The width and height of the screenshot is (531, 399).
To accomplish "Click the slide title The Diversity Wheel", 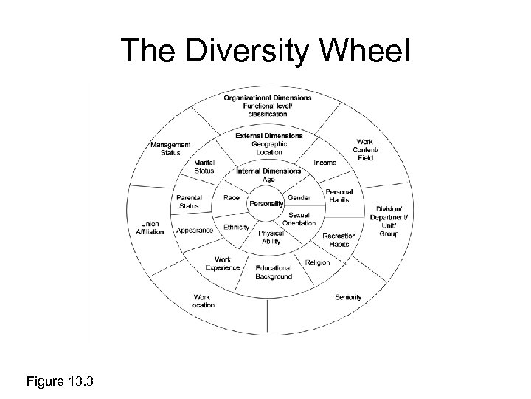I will (x=265, y=52).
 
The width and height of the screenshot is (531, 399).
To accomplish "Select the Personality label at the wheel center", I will (x=265, y=203).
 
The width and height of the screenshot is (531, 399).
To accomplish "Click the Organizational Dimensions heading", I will (x=266, y=99).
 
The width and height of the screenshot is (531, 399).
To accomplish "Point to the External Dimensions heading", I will (x=268, y=136).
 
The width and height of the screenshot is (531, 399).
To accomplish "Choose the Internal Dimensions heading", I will (x=268, y=171).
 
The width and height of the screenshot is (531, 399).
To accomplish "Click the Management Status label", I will (x=170, y=149).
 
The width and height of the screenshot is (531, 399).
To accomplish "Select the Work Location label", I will (x=201, y=301).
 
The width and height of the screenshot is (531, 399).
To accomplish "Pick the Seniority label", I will (x=348, y=297).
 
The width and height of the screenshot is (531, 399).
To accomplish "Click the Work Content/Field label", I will (x=364, y=150).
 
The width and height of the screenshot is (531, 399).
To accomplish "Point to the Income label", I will (x=324, y=162).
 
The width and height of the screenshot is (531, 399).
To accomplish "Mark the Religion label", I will (x=317, y=262).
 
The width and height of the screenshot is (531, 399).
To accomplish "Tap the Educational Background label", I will (x=274, y=272).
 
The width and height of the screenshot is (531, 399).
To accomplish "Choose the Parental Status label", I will (x=190, y=201).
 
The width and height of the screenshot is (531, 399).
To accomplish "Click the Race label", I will (x=230, y=198).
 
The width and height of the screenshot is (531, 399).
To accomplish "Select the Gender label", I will (x=299, y=198).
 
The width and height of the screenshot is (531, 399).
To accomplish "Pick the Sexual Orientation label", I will (x=299, y=219).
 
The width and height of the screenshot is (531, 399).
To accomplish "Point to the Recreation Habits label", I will (x=339, y=239).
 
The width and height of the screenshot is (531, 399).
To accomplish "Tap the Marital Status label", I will (x=204, y=166).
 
